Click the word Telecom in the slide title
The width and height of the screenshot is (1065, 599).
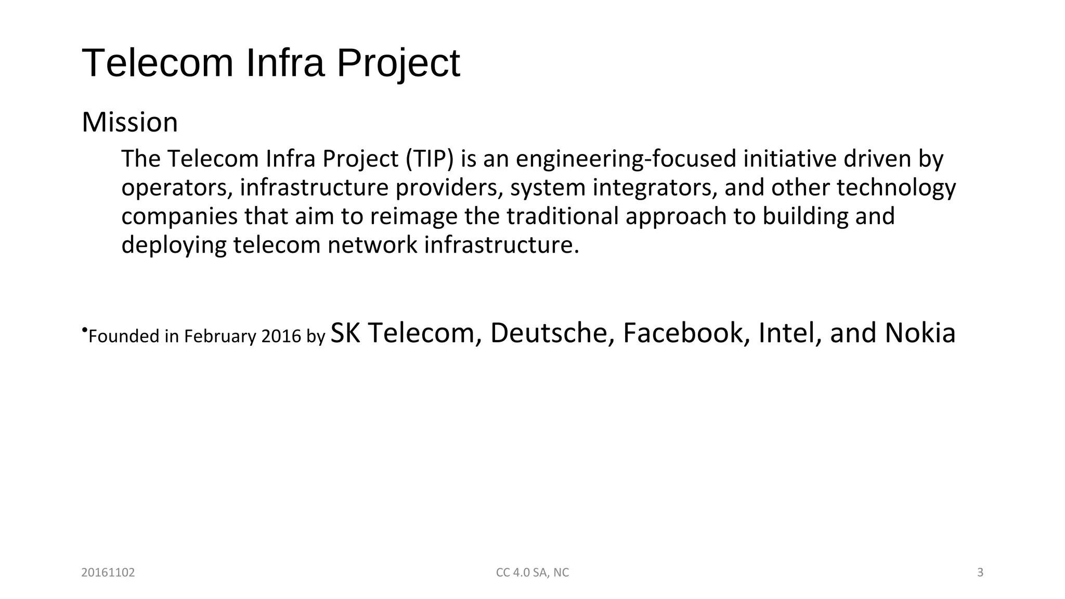point(158,63)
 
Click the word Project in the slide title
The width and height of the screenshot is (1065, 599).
point(398,63)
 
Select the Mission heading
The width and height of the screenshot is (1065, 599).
point(130,123)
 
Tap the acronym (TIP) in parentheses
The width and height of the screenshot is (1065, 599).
point(430,159)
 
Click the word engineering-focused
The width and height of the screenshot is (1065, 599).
point(626,159)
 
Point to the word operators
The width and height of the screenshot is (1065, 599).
point(177,188)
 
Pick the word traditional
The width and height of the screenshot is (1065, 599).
point(563,216)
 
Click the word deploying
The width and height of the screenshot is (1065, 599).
point(174,245)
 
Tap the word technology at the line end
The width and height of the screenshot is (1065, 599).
point(896,188)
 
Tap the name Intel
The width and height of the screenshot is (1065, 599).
point(789,333)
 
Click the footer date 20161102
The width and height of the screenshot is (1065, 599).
point(108,572)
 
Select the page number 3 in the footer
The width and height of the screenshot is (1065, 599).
point(980,572)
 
